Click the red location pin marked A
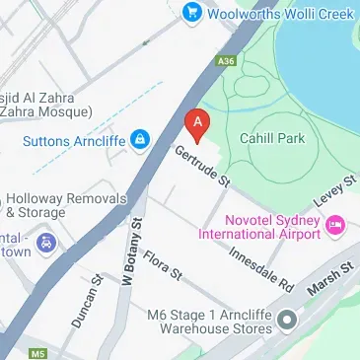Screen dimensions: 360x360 (197, 123)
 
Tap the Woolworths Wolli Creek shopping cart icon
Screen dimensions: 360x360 (191, 12)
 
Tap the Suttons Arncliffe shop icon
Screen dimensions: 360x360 (140, 136)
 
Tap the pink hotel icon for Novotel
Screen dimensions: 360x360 (335, 226)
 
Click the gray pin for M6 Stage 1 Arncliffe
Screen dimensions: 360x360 (287, 319)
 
